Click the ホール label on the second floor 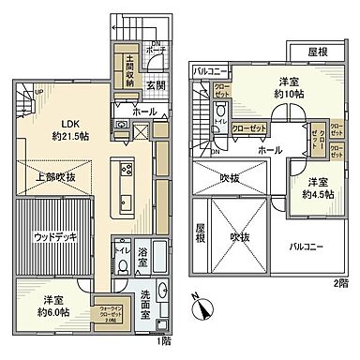pyautogui.click(x=270, y=150)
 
